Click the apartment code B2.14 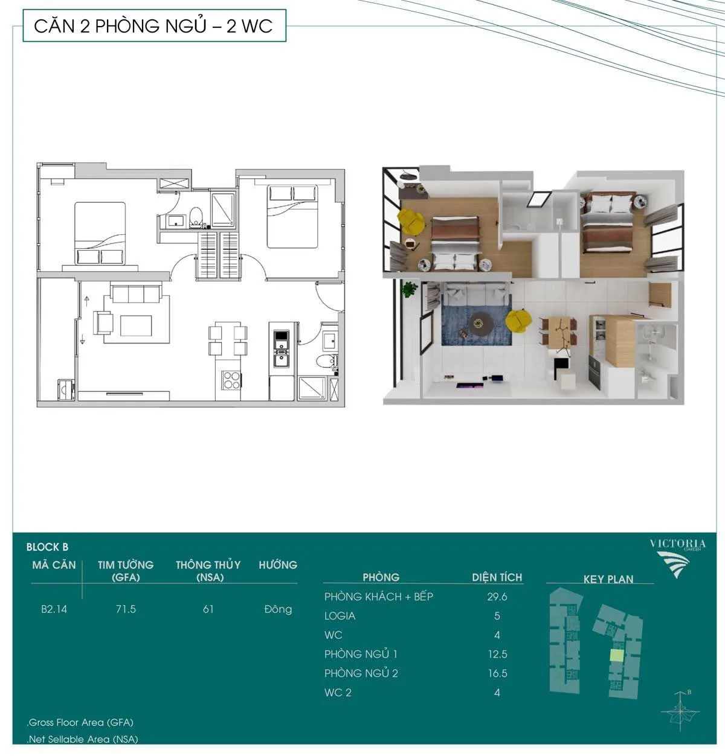tap(54, 609)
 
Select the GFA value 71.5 tap(126, 609)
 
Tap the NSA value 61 tap(208, 609)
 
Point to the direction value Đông tap(278, 609)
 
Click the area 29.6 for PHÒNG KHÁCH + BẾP tap(497, 597)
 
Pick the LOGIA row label tap(340, 616)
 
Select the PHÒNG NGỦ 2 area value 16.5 tap(498, 673)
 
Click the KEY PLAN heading tap(608, 579)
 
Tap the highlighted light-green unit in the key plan tap(616, 655)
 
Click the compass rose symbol tap(680, 712)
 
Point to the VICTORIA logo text tap(678, 544)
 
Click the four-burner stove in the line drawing tap(231, 380)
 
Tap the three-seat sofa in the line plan tap(136, 293)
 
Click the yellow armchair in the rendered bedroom tap(411, 222)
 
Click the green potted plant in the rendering tap(409, 289)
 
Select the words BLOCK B tap(47, 547)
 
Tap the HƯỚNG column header tap(278, 565)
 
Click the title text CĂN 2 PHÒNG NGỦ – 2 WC tap(153, 26)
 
